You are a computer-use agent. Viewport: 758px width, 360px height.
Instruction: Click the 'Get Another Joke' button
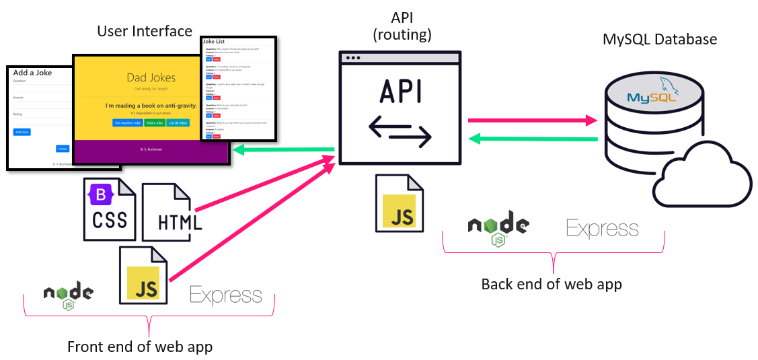tap(128, 123)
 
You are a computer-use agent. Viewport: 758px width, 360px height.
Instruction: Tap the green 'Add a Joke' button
tap(154, 123)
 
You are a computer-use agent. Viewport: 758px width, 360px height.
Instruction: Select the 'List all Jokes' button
tap(178, 123)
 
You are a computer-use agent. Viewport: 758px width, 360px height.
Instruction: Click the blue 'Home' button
tap(63, 148)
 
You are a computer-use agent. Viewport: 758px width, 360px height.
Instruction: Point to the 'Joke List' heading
tap(216, 42)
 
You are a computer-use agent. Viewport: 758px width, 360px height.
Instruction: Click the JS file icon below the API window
tap(400, 203)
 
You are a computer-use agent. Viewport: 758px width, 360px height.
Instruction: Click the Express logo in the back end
tap(602, 229)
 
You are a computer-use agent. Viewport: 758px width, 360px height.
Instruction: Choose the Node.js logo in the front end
tap(69, 295)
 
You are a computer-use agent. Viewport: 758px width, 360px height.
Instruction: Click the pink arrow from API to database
tap(532, 120)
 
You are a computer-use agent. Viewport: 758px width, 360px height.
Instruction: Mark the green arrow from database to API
tap(532, 139)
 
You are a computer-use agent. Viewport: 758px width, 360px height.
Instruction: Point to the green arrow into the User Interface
tap(283, 150)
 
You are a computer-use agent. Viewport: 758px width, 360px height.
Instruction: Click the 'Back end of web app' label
tap(552, 284)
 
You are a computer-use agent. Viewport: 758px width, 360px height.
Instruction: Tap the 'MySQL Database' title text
tap(660, 39)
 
